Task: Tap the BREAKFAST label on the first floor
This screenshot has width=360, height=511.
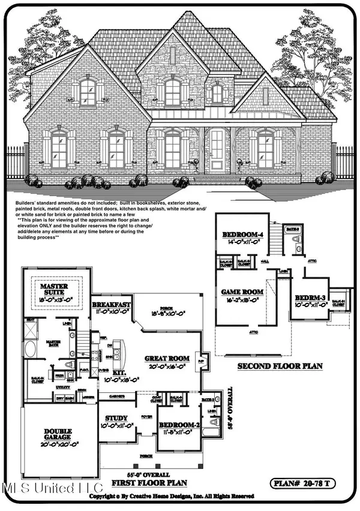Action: point(112,305)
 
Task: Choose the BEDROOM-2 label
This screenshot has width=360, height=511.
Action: point(178,426)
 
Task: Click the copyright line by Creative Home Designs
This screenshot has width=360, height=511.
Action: point(171,497)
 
